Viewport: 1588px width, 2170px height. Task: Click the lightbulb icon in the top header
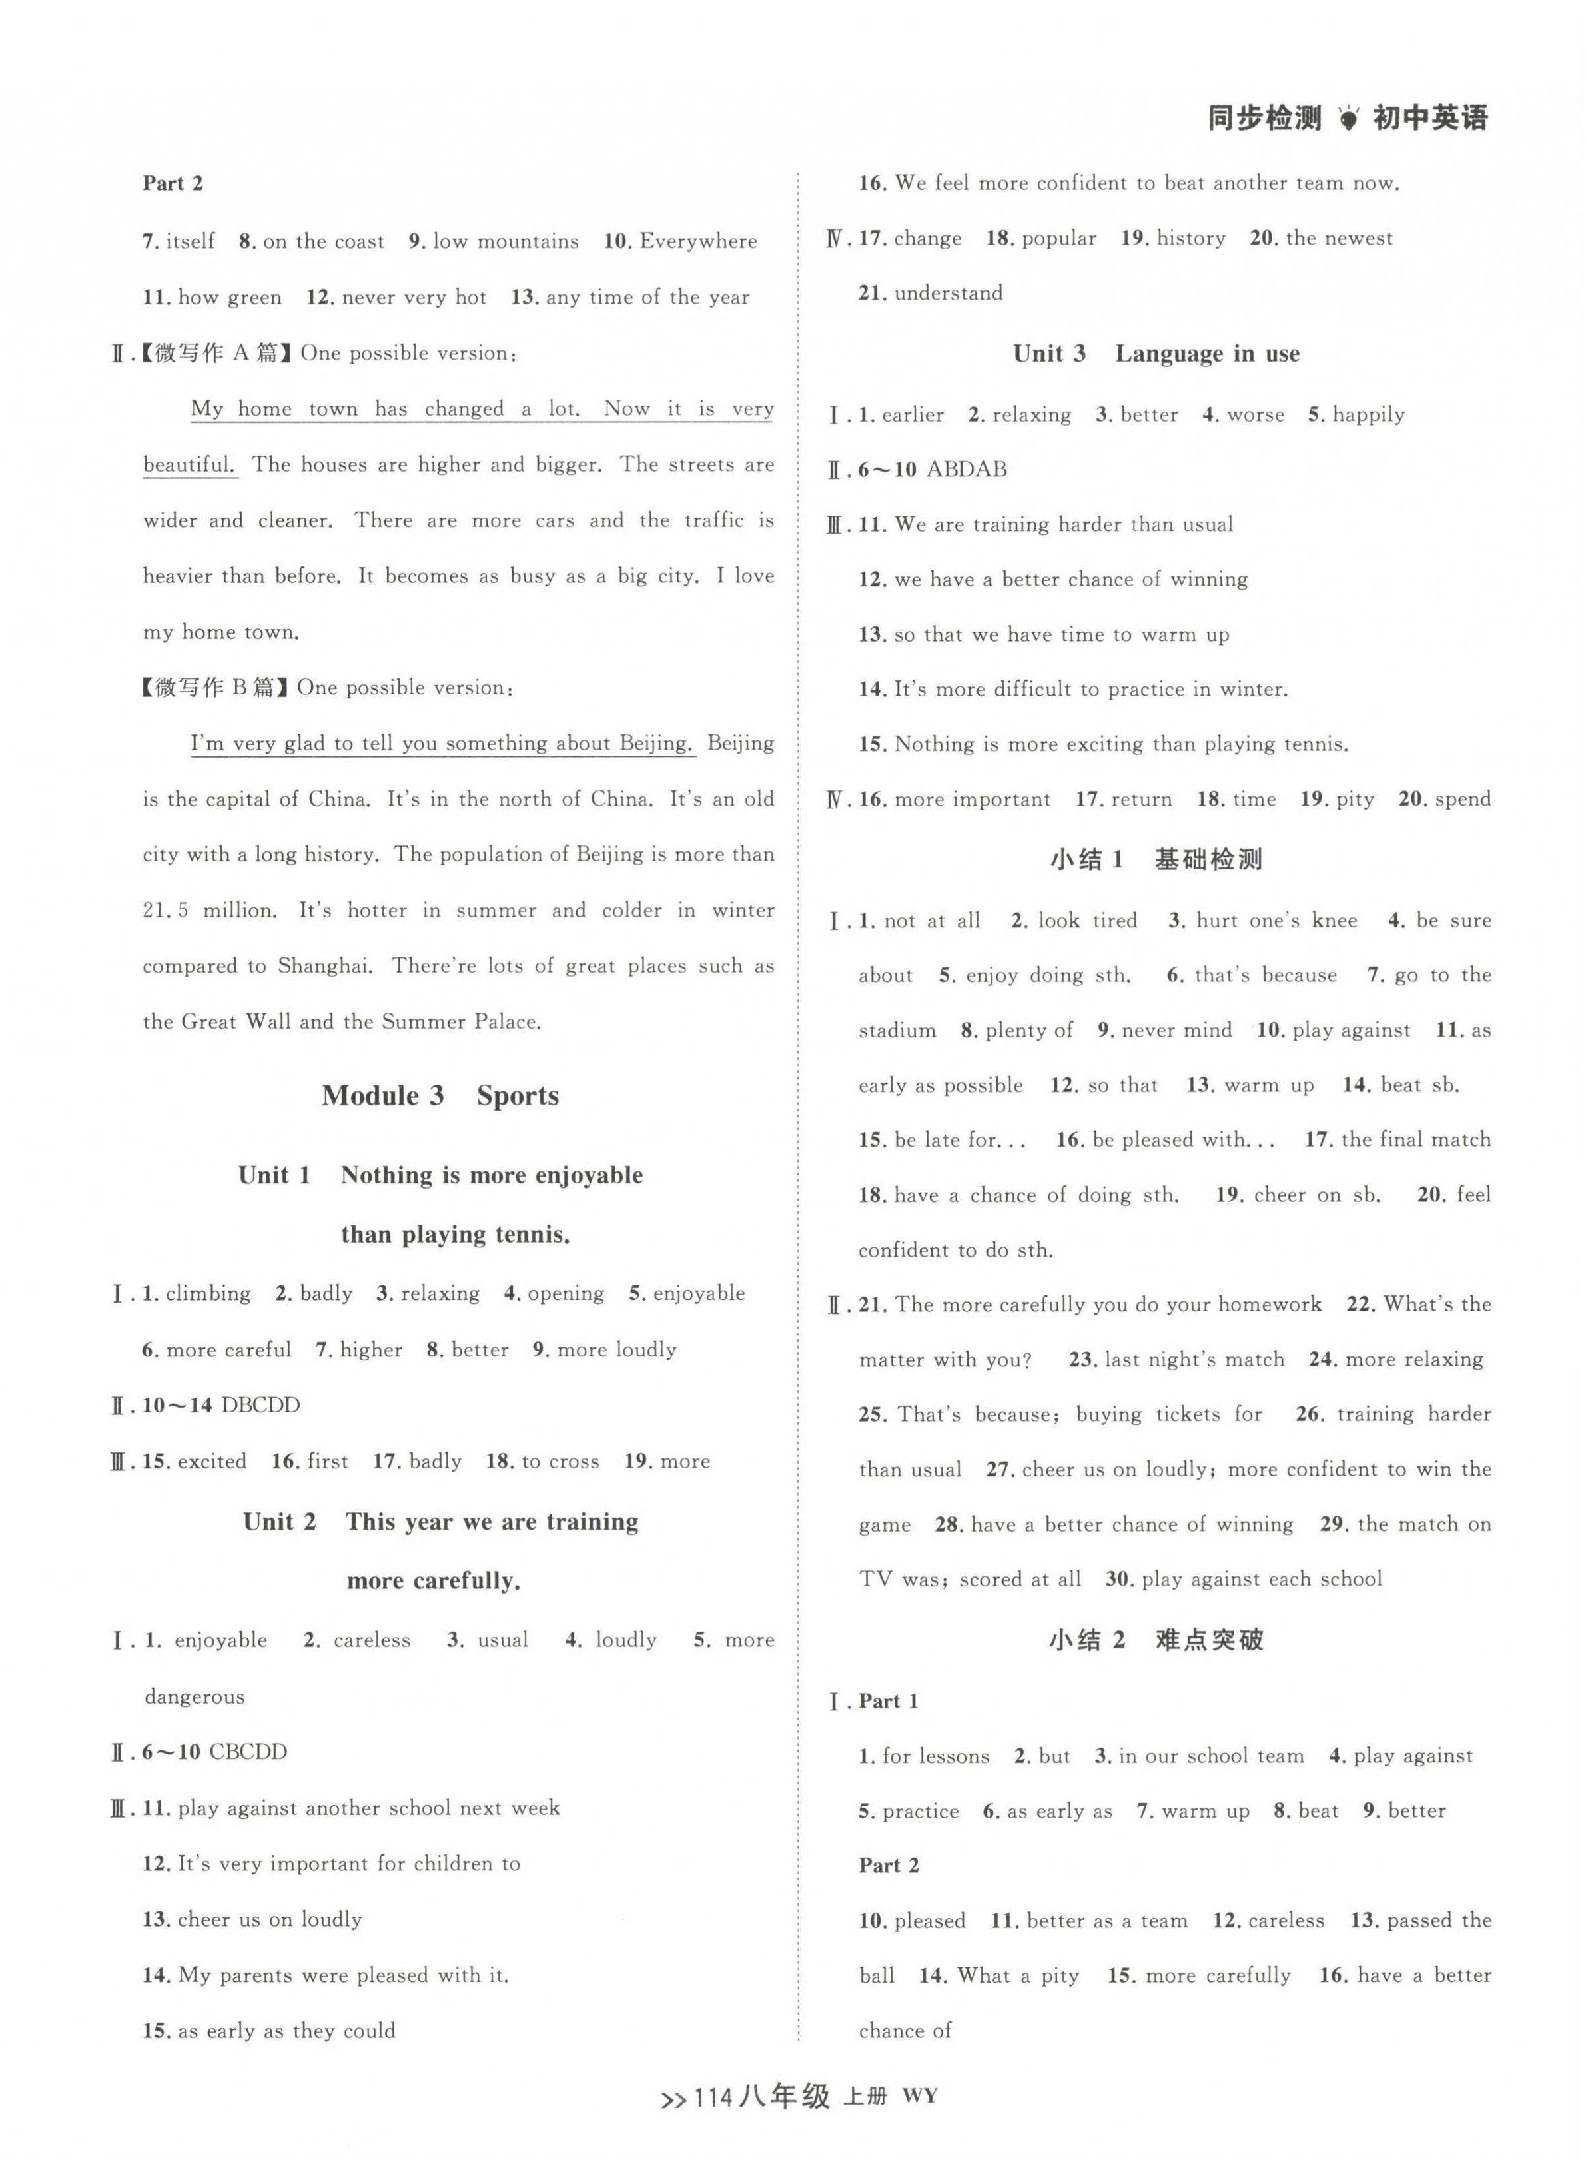pos(1349,119)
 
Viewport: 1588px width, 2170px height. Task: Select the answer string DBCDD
pos(260,1406)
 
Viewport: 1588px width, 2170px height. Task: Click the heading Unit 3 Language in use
pos(1156,354)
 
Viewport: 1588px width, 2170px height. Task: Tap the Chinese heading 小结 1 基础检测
pos(1156,859)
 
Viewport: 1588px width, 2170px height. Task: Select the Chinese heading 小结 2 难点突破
pos(1156,1640)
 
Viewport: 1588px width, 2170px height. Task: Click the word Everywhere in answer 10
pos(698,241)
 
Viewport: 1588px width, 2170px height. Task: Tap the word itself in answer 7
pos(191,241)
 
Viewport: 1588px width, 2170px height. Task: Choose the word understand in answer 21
pos(948,293)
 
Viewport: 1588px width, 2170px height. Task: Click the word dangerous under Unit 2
pos(195,1697)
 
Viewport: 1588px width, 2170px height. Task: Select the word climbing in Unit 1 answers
pos(208,1294)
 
